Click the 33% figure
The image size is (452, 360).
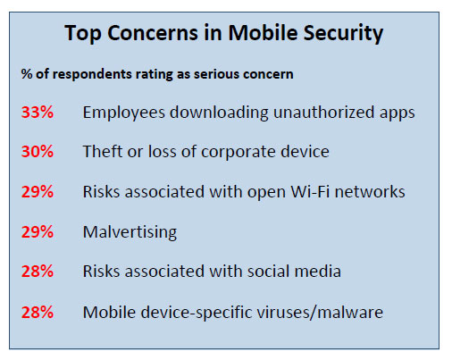(38, 113)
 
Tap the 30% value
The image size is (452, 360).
(38, 151)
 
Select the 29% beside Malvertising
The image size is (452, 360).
(38, 231)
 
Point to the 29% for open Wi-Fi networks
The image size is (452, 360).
(38, 191)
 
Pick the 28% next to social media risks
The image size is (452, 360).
(38, 272)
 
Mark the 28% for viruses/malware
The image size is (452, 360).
(38, 313)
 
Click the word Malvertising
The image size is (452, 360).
(130, 232)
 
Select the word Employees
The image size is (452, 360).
(124, 113)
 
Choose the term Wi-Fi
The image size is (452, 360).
(310, 191)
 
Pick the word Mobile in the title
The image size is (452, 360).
(263, 32)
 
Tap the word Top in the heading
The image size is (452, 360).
(83, 33)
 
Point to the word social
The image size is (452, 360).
(268, 272)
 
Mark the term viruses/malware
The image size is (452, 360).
(320, 313)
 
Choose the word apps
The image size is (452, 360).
(398, 113)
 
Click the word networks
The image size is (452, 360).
(370, 191)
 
